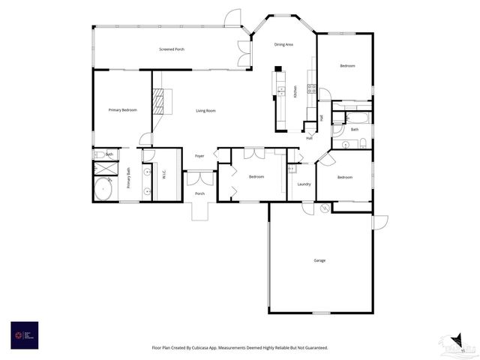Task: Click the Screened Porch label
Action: pyautogui.click(x=171, y=49)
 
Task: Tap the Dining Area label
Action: pyautogui.click(x=283, y=45)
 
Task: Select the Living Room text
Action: pyautogui.click(x=206, y=111)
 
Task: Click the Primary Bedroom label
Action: pyautogui.click(x=122, y=110)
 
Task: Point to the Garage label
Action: pyautogui.click(x=319, y=260)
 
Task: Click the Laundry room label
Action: pyautogui.click(x=304, y=184)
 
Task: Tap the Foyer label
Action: pyautogui.click(x=199, y=156)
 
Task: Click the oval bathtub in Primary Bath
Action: pyautogui.click(x=103, y=190)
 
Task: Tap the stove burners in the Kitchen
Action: pyautogui.click(x=311, y=88)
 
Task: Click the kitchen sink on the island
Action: pyautogui.click(x=282, y=91)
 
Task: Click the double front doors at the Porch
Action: pyautogui.click(x=200, y=178)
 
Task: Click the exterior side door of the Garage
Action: pyautogui.click(x=379, y=223)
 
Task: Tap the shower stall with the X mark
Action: pyautogui.click(x=106, y=168)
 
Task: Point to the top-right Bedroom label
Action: pyautogui.click(x=347, y=66)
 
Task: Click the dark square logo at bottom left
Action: pyautogui.click(x=24, y=334)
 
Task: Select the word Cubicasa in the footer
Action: pyautogui.click(x=202, y=348)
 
